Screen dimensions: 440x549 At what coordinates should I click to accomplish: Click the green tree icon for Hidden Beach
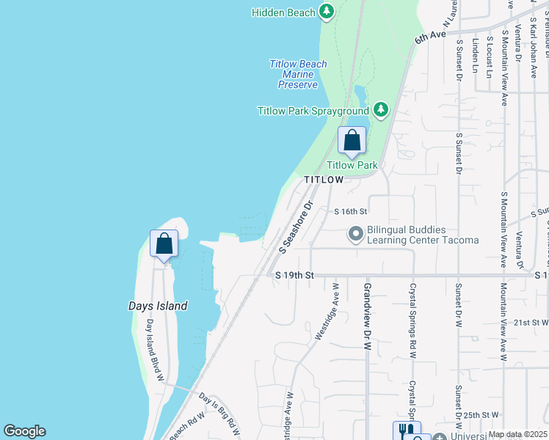pyautogui.click(x=327, y=12)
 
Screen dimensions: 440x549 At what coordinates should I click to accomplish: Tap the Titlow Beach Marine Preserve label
pyautogui.click(x=298, y=74)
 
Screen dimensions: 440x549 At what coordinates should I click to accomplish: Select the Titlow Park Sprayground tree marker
pyautogui.click(x=380, y=110)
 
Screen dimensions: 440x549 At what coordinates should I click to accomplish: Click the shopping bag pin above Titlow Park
pyautogui.click(x=352, y=141)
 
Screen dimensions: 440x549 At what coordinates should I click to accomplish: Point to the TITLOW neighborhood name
pyautogui.click(x=324, y=180)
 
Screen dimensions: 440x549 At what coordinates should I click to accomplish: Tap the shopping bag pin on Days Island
pyautogui.click(x=164, y=243)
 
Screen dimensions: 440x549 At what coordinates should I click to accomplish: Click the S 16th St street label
pyautogui.click(x=349, y=211)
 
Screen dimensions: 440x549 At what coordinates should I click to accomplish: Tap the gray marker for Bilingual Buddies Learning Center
pyautogui.click(x=356, y=235)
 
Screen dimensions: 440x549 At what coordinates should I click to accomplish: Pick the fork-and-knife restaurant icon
pyautogui.click(x=407, y=430)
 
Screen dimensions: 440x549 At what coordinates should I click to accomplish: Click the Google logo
pyautogui.click(x=24, y=431)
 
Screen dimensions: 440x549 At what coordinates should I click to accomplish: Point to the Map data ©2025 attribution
pyautogui.click(x=517, y=434)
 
